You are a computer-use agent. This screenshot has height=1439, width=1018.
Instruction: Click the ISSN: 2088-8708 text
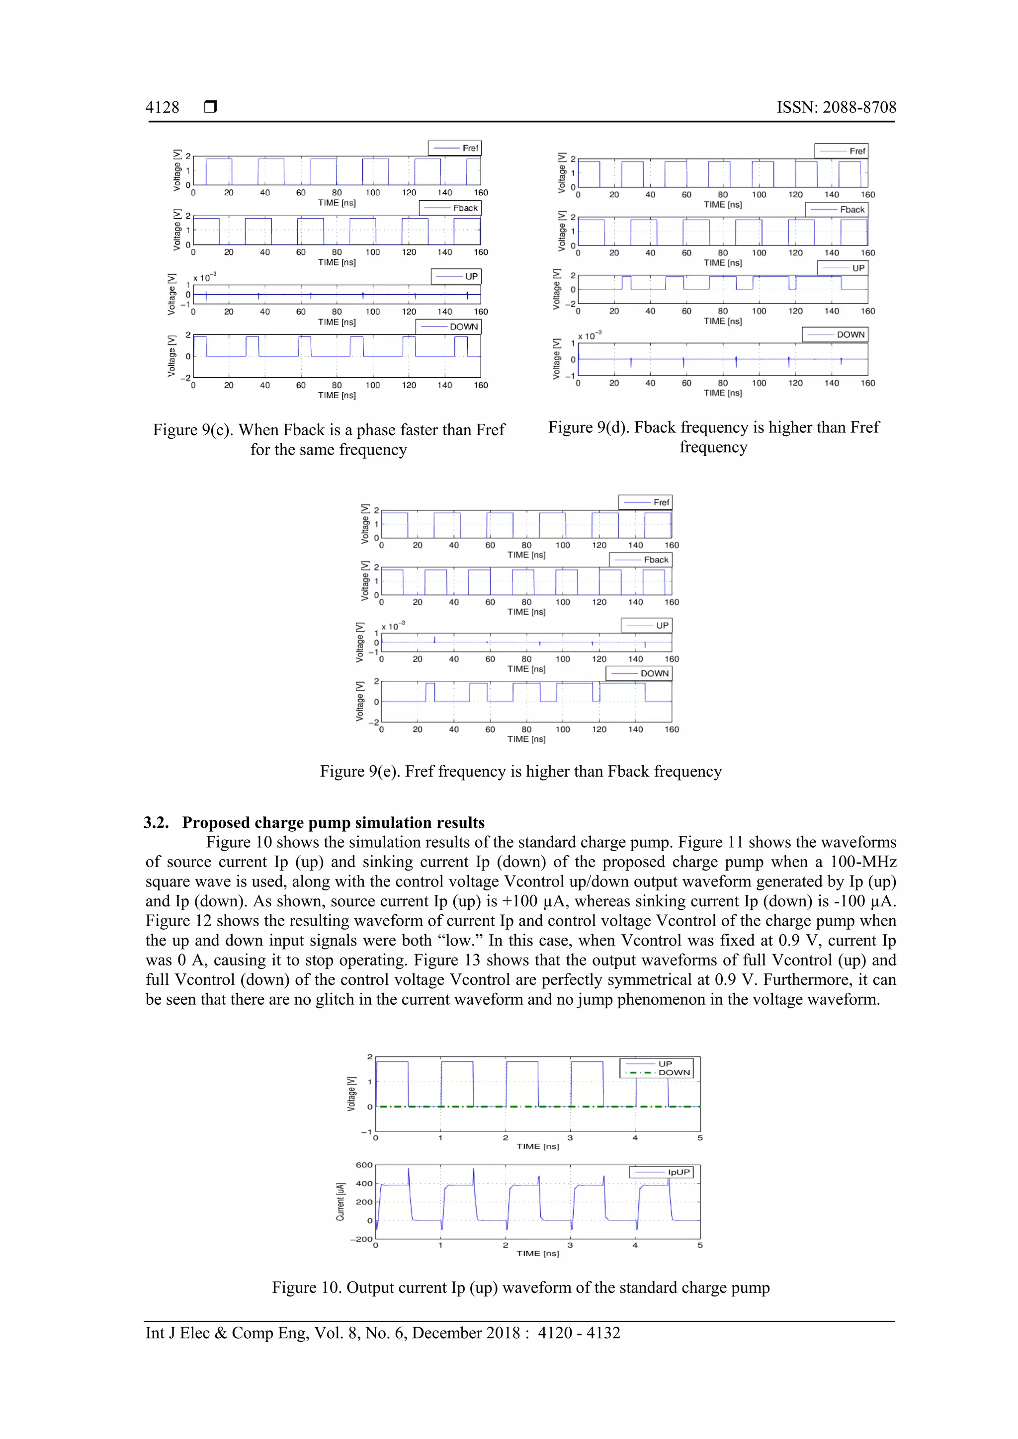pos(836,108)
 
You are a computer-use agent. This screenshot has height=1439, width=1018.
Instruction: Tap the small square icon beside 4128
pos(211,107)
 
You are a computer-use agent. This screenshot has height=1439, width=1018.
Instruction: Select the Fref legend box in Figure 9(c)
pos(454,148)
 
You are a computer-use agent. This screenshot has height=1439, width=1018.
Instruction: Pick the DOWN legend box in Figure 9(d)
pos(835,335)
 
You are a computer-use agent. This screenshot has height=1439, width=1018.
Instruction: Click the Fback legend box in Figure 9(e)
pos(640,560)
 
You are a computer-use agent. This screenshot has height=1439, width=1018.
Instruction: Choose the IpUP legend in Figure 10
pos(661,1172)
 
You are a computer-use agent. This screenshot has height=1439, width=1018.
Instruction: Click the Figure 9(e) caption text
pos(520,772)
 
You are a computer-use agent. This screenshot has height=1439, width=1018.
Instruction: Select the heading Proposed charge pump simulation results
pos(333,823)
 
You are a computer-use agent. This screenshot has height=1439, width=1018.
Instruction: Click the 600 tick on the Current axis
pos(364,1165)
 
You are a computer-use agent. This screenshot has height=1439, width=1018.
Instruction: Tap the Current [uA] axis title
pos(340,1202)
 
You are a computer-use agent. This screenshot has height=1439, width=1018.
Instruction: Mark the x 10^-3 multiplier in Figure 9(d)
pos(589,336)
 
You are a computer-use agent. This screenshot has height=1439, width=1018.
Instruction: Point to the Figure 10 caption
pos(520,1287)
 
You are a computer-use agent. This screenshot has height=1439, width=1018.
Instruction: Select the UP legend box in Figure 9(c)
pos(456,276)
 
